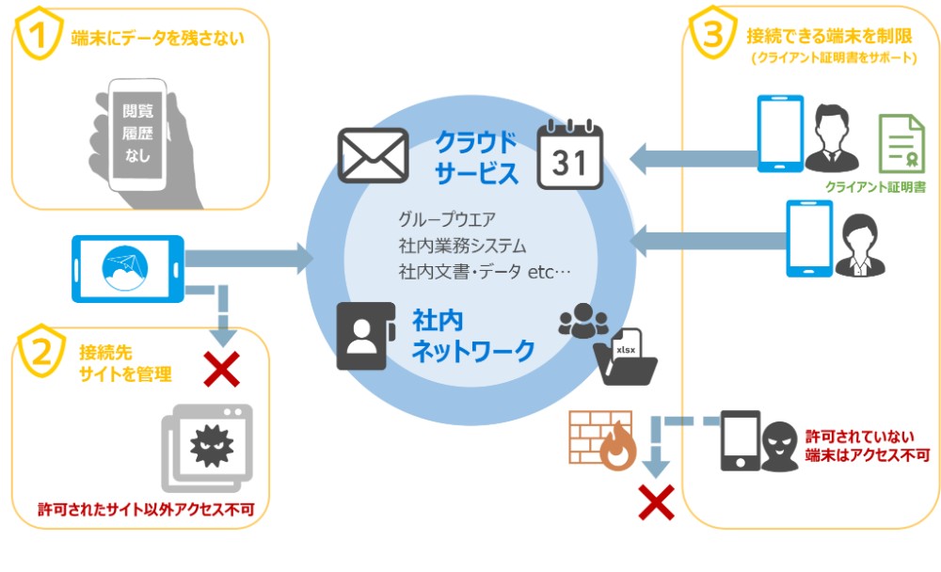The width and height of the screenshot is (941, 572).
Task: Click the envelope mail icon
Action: (373, 155)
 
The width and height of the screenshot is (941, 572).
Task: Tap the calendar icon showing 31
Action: (569, 155)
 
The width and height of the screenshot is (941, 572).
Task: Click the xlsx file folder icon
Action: (625, 358)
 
